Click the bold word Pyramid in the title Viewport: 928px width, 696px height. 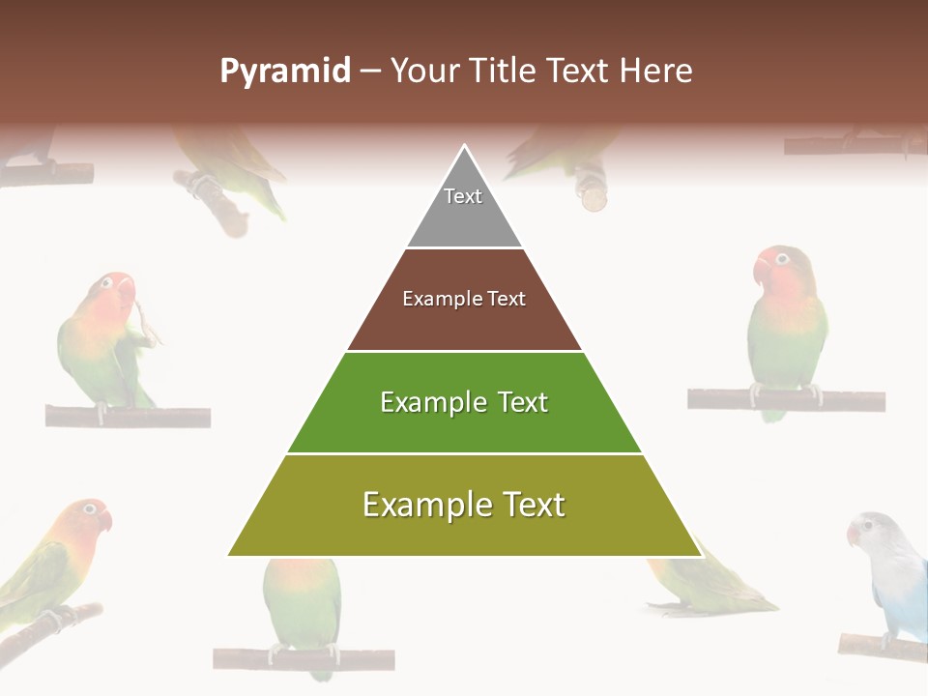285,72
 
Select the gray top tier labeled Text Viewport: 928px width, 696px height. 464,208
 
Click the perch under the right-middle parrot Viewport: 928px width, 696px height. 786,399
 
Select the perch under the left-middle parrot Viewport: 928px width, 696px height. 128,417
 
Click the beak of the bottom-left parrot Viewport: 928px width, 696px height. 106,520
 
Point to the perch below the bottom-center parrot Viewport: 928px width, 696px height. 304,659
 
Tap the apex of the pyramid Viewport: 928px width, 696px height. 465,148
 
